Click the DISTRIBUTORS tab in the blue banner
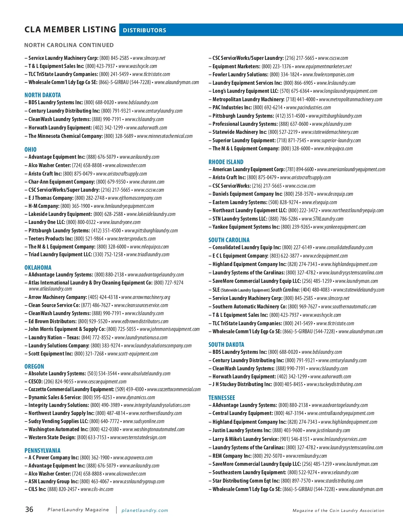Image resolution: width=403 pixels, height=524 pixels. point(144,30)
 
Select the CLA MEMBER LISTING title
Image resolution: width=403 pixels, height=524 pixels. point(70,30)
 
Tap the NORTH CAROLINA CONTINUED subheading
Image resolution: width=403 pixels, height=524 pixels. point(69,45)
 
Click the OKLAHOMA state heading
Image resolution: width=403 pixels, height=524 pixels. point(38,268)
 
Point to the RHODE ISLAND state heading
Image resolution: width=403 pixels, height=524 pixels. point(226,162)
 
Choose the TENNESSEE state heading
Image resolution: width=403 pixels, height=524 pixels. point(222,398)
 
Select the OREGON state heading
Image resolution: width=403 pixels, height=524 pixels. point(34,367)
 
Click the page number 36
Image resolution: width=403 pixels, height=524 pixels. point(29,510)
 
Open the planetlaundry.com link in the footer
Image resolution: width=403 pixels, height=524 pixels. point(145,511)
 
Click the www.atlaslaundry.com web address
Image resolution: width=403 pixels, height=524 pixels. point(50,289)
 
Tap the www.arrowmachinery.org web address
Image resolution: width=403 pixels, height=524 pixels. point(146,297)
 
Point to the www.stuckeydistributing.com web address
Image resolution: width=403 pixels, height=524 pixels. point(334,384)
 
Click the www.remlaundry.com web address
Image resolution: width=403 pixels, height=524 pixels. point(306,456)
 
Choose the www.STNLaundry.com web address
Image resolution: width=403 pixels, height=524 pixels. point(322,219)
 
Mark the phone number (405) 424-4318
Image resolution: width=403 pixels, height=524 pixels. point(103,297)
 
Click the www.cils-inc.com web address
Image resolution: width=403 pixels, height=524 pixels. point(97,489)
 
